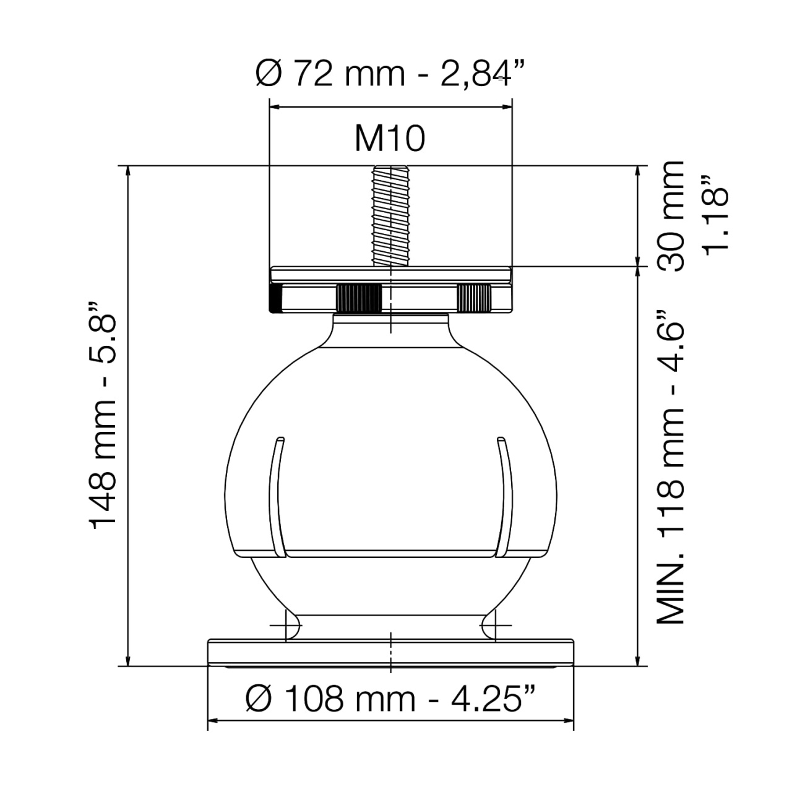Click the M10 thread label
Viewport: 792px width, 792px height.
click(390, 139)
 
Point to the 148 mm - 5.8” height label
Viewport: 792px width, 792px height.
click(102, 415)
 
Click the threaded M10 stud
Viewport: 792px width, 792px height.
click(390, 216)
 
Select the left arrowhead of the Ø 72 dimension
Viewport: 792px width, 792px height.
click(275, 107)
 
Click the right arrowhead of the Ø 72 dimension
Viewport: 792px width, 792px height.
click(507, 107)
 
